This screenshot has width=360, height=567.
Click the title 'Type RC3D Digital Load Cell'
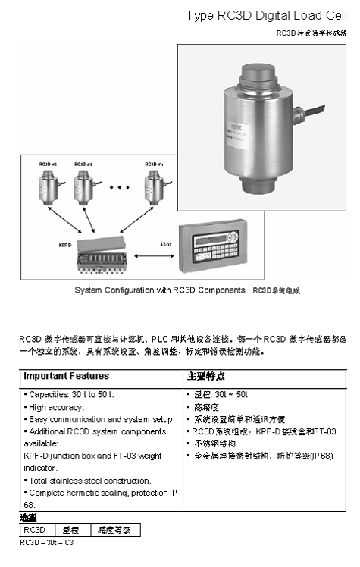coord(269,16)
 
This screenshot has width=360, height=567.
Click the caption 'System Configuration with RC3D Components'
coord(160,290)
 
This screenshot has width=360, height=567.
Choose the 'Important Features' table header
coord(66,376)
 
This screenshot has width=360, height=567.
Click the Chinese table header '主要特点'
coord(205,376)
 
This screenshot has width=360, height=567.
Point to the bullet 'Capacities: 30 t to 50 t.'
coord(69,395)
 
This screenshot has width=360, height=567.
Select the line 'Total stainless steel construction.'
coord(87,480)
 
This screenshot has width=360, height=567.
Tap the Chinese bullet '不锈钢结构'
coord(212,443)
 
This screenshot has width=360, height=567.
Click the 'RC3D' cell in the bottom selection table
coord(36,530)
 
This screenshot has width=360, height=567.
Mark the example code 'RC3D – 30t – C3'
coord(48,543)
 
